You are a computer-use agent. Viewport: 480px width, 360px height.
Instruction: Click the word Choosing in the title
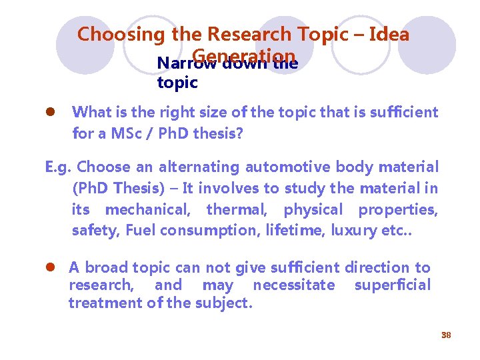[122, 34]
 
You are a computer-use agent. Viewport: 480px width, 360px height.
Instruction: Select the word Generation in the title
[244, 56]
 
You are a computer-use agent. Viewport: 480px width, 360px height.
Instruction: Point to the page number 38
[446, 335]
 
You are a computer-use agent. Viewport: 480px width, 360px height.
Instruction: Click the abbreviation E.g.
[59, 167]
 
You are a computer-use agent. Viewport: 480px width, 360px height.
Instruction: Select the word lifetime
[313, 231]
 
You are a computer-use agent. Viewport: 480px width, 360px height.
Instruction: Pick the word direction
[377, 268]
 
